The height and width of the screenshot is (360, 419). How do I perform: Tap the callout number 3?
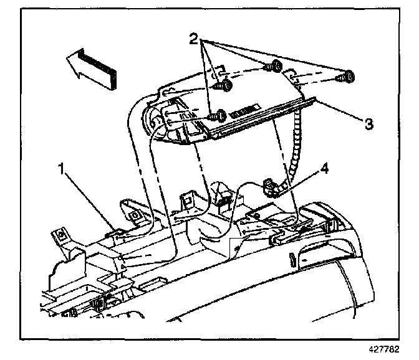pos(369,124)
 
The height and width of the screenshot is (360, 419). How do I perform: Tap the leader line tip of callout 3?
pos(315,99)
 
